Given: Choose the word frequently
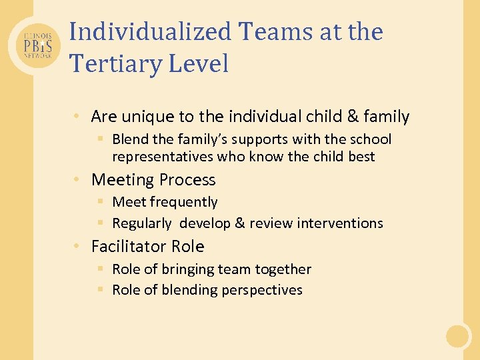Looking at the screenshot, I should (x=185, y=202).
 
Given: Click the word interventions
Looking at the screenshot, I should (x=341, y=223).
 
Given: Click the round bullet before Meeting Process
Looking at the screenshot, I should (x=79, y=180).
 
